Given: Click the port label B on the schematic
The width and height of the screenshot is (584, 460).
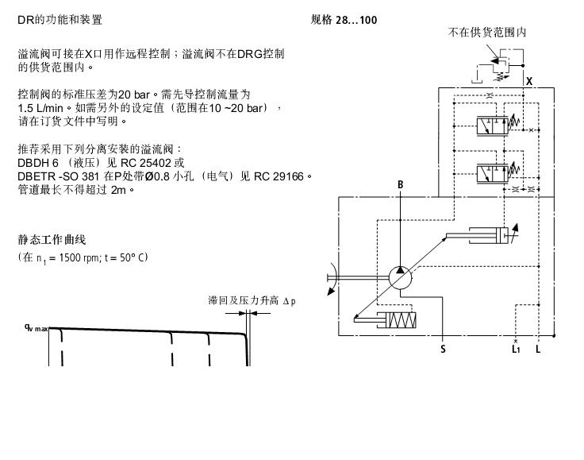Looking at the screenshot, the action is [x=401, y=184].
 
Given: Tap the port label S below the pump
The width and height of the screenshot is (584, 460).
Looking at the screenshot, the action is [x=443, y=349].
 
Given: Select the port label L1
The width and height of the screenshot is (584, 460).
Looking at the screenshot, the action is [x=516, y=349].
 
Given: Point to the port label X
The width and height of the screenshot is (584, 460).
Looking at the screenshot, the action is [x=529, y=81].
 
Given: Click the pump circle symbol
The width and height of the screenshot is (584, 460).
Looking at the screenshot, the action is [x=401, y=278].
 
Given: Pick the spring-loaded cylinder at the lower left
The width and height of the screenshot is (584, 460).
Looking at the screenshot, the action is [x=385, y=320].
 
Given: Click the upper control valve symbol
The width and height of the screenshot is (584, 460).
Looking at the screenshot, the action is [x=493, y=126].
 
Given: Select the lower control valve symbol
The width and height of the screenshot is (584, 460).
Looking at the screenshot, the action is [x=493, y=174].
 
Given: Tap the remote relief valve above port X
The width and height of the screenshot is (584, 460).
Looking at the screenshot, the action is [x=500, y=66].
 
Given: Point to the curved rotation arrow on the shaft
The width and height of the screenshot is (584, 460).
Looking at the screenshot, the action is [x=332, y=279].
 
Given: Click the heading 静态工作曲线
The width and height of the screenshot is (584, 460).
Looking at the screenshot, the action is [x=52, y=240].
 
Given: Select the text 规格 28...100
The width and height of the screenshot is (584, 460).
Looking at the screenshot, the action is [x=344, y=20].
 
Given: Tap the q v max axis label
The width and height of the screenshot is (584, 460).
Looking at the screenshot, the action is [x=36, y=328].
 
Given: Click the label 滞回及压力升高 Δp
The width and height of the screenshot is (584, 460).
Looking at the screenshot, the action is [x=252, y=300].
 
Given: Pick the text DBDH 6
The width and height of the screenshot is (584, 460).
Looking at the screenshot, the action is [x=38, y=163].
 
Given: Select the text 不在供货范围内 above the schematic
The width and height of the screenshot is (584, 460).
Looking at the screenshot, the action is [x=486, y=33].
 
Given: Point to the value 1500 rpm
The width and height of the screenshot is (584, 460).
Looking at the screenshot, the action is [x=79, y=257].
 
